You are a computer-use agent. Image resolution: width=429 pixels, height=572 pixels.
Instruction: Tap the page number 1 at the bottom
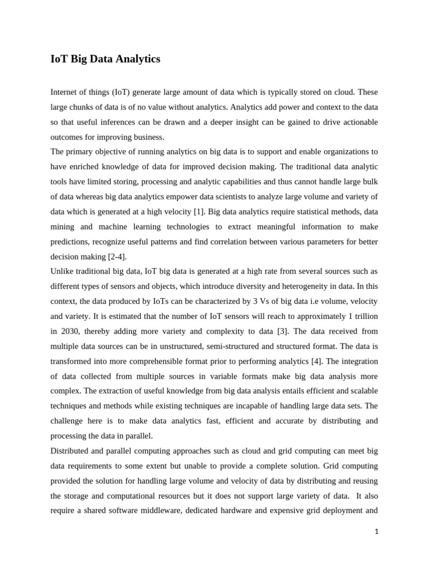376,532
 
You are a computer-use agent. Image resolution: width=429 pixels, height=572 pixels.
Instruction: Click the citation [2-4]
116,256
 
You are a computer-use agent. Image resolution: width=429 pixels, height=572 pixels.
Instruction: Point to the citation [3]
284,331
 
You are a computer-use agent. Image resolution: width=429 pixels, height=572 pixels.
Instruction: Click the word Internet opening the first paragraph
65,92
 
